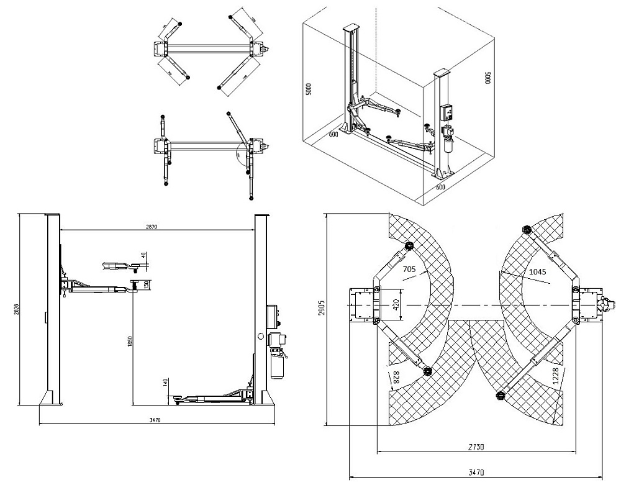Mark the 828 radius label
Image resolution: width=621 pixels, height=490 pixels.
tap(395, 376)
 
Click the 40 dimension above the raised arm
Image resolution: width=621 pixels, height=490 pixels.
tap(143, 255)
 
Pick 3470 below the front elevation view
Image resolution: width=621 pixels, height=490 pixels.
tap(155, 420)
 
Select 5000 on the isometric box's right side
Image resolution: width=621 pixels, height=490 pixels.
tap(487, 78)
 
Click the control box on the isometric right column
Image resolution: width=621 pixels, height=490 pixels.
tap(447, 112)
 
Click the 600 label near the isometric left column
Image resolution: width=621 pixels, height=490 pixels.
tap(333, 133)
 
